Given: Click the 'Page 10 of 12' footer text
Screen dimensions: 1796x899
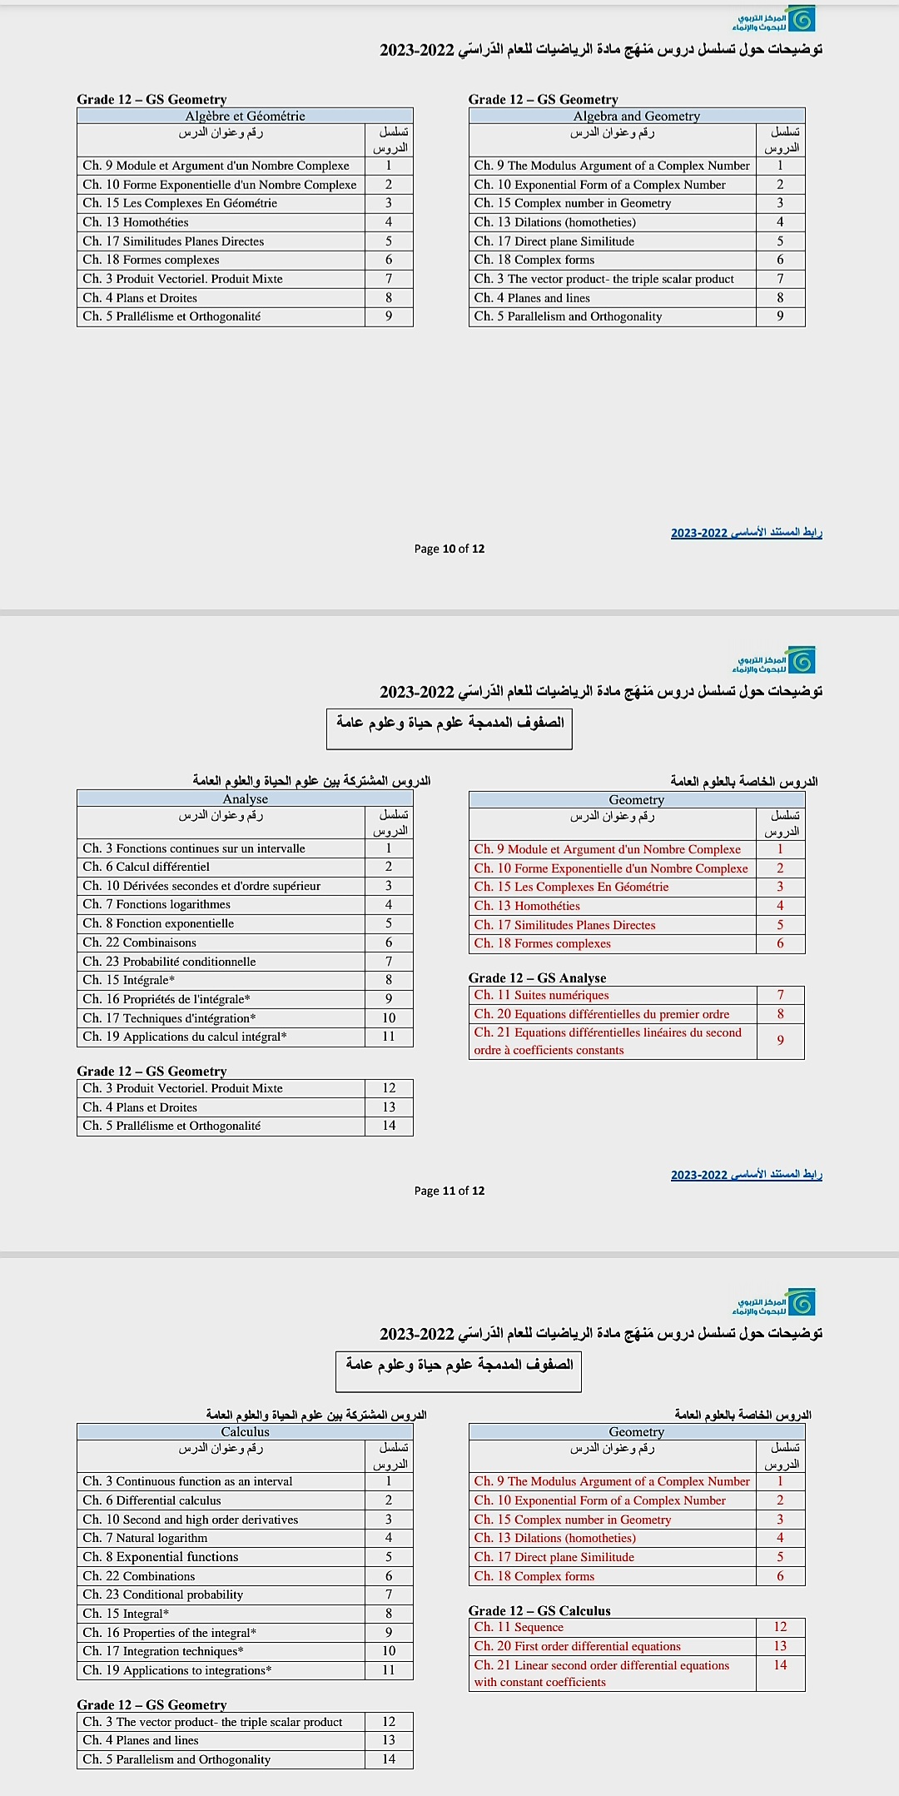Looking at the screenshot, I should point(449,549).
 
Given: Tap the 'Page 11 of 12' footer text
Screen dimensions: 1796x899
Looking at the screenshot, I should point(449,1191).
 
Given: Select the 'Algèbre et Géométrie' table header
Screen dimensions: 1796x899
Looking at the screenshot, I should point(245,117).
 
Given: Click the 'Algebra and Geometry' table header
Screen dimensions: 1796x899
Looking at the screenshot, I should point(636,117).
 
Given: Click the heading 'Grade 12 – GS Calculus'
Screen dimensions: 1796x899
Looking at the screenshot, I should point(539,1611).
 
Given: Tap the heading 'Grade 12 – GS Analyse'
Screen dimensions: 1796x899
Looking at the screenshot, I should point(537,978).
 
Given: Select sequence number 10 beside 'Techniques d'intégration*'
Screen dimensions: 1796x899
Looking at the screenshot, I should point(389,1018).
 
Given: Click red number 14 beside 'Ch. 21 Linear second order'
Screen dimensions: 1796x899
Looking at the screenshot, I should point(780,1665).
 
